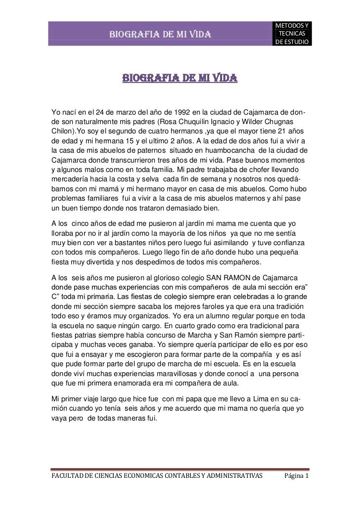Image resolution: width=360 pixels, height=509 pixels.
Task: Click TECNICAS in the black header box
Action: tap(292, 33)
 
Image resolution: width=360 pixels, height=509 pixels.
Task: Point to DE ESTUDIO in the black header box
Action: tap(292, 42)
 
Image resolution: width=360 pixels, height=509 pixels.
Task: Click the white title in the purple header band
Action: tap(161, 34)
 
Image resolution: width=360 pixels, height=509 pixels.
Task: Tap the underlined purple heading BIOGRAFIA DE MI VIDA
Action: tap(180, 79)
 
